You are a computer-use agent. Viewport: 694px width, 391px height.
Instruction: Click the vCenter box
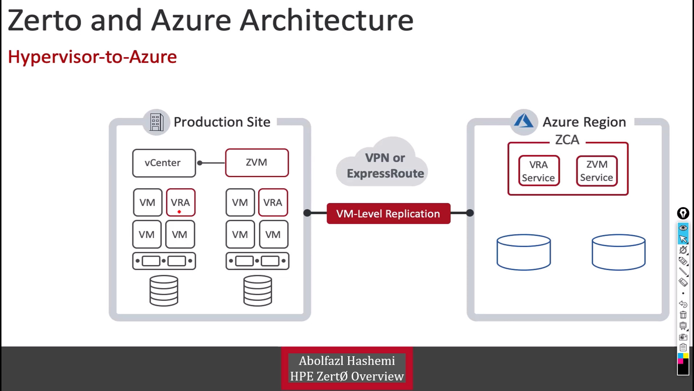pos(164,163)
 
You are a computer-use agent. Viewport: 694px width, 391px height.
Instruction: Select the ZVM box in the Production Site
pos(257,163)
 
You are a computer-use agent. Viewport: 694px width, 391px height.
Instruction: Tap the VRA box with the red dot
pos(180,202)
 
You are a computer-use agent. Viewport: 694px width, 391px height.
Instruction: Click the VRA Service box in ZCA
pos(539,171)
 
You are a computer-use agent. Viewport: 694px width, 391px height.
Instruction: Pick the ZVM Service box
pos(597,171)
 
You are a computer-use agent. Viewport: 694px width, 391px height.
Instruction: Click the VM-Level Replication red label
pos(388,214)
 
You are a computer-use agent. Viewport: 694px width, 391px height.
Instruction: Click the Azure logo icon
pos(523,122)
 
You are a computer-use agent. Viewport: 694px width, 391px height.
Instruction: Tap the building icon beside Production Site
pos(156,122)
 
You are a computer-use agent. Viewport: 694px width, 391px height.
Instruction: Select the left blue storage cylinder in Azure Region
pos(523,252)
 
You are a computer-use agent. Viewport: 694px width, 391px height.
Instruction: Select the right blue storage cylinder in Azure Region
pos(618,252)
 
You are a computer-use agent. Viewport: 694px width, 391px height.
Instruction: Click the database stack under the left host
pos(164,291)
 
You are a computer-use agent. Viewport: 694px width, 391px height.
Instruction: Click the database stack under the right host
pos(257,291)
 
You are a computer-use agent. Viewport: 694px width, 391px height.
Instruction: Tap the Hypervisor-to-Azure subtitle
pos(92,57)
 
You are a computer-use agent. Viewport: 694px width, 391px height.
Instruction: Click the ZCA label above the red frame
pos(567,140)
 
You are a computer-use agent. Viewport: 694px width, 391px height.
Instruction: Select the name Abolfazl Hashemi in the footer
pos(347,361)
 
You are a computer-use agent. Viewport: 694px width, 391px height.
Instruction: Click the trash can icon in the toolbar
pos(683,315)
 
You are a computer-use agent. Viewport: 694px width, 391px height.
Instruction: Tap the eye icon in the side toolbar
pos(683,228)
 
